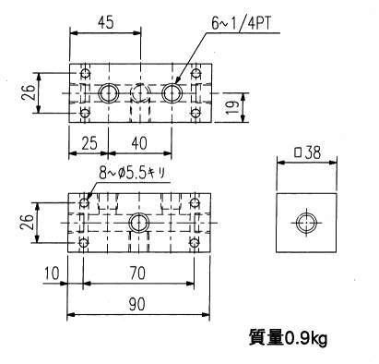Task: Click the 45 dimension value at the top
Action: [106, 22]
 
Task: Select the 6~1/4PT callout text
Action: [242, 24]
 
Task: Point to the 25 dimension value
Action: [89, 143]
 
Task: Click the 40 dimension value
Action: [139, 143]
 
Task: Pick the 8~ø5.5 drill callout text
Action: [132, 174]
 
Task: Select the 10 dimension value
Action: [52, 273]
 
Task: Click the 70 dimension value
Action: [137, 273]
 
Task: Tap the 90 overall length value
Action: [137, 304]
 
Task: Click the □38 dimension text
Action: [307, 153]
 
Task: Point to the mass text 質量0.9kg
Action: [288, 338]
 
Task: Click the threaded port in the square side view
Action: [306, 223]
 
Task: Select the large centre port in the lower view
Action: [138, 223]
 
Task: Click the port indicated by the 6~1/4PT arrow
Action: [172, 93]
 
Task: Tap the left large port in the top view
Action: [109, 93]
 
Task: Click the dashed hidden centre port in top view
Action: [140, 93]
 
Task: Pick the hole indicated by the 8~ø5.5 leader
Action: [84, 202]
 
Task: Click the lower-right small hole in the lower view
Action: [194, 243]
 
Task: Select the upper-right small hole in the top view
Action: [195, 73]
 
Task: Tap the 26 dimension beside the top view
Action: [29, 92]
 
